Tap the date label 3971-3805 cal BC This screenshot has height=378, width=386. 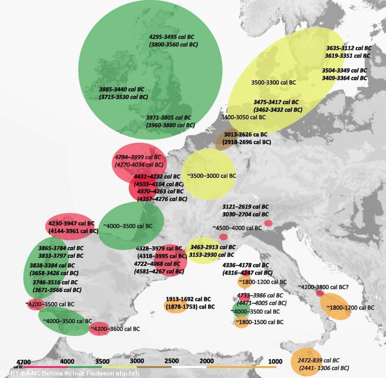169,118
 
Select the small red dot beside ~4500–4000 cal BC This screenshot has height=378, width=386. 223,237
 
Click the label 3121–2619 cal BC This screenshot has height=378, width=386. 245,207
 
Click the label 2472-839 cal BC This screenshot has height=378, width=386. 318,360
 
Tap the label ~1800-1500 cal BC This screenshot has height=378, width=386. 259,322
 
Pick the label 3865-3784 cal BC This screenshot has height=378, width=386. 57,248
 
